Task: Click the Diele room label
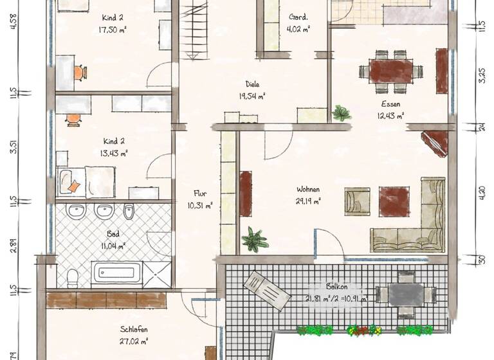click(x=252, y=84)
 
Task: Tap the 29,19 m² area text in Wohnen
click(x=308, y=201)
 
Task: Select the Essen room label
click(x=390, y=104)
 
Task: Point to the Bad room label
click(x=113, y=235)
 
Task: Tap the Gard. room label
click(x=298, y=18)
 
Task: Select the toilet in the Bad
click(x=73, y=278)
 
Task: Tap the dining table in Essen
click(x=390, y=69)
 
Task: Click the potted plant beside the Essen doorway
click(x=341, y=114)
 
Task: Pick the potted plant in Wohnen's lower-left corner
click(x=255, y=240)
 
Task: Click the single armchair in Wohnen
click(x=357, y=201)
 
